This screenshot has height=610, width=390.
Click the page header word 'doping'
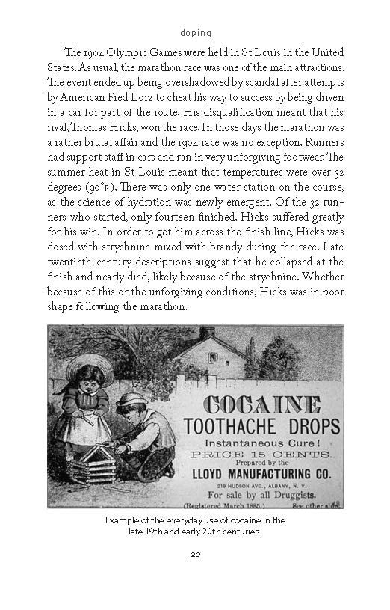pyautogui.click(x=196, y=33)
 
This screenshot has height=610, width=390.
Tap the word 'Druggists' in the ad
pyautogui.click(x=297, y=496)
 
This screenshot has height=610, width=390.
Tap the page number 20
pyautogui.click(x=195, y=554)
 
